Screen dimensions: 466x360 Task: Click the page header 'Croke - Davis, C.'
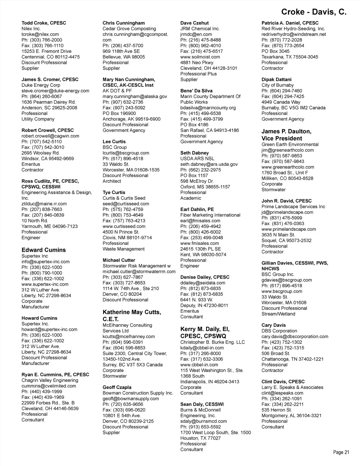tap(314, 12)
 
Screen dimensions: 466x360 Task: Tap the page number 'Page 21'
tap(341, 452)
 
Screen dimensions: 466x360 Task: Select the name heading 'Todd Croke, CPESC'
tap(44, 23)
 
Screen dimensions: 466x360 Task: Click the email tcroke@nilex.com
tap(40, 34)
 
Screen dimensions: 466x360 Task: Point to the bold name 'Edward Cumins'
tap(44, 250)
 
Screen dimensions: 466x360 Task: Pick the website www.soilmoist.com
tap(200, 57)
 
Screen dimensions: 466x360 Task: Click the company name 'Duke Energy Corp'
tap(41, 85)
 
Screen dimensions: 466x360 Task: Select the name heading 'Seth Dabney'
tap(194, 153)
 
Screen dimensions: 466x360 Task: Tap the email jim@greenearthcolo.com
tap(288, 150)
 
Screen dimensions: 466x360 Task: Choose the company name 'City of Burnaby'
tap(277, 85)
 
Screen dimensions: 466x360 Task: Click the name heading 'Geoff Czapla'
tap(117, 387)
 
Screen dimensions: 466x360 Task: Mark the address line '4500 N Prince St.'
tap(121, 232)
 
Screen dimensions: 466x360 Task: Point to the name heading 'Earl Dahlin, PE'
tap(197, 209)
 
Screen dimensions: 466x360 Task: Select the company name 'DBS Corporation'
tap(279, 331)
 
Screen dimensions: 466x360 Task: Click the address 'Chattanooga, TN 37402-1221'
tap(292, 359)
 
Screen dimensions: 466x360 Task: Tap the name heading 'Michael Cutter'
tap(119, 260)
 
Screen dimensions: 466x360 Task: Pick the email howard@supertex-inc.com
tap(49, 330)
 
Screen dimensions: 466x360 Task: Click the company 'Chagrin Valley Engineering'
tap(50, 380)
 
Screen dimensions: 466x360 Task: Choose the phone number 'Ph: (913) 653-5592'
tap(201, 427)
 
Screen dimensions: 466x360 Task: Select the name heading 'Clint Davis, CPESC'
tap(283, 382)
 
